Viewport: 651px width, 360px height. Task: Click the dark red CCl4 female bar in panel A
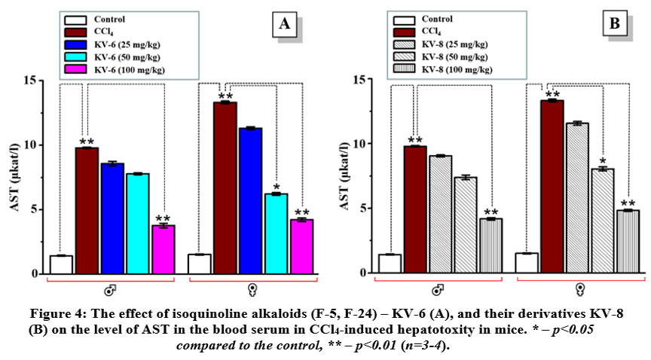[225, 188]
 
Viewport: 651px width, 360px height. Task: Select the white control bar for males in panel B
[390, 264]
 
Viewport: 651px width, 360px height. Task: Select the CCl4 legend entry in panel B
[432, 32]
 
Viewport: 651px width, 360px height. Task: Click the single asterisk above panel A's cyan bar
[276, 188]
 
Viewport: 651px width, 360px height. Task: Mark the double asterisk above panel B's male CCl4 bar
[415, 140]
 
